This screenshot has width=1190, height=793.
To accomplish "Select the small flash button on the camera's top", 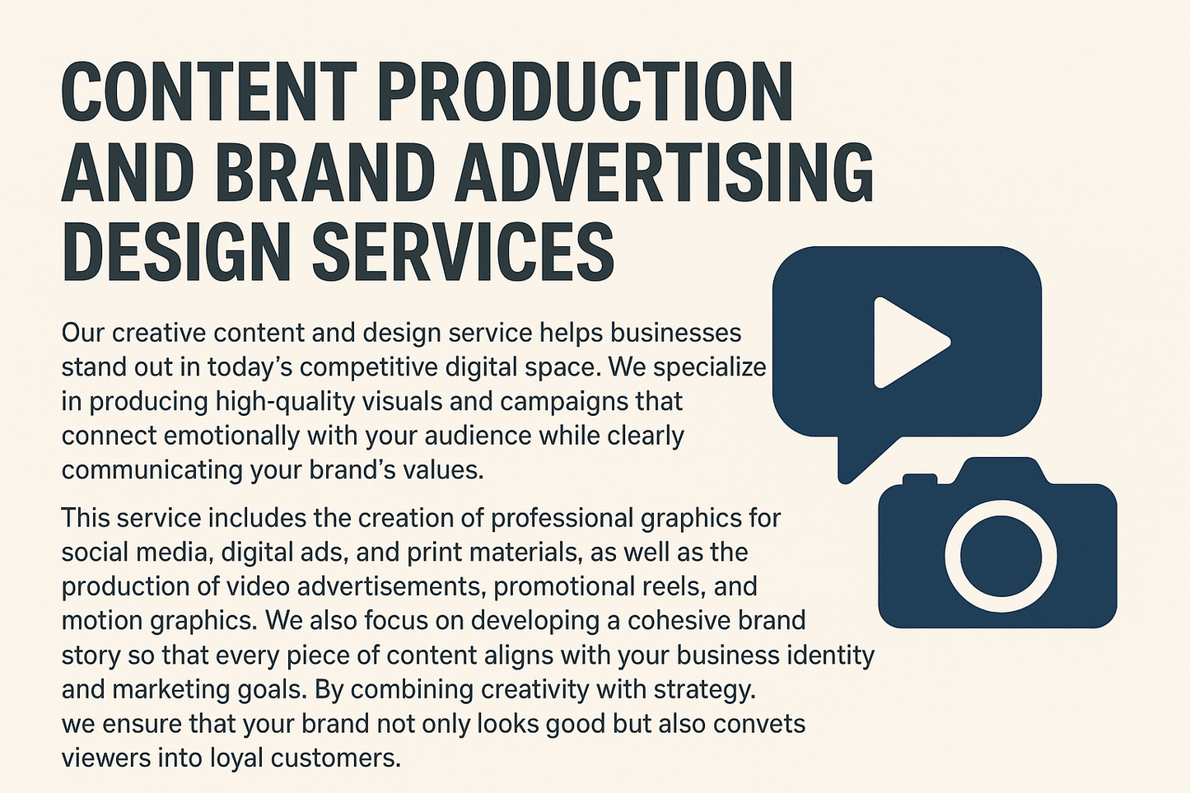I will (920, 479).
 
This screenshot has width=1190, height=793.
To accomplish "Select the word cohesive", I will (688, 620).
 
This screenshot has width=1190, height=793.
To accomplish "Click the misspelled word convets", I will (759, 724).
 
